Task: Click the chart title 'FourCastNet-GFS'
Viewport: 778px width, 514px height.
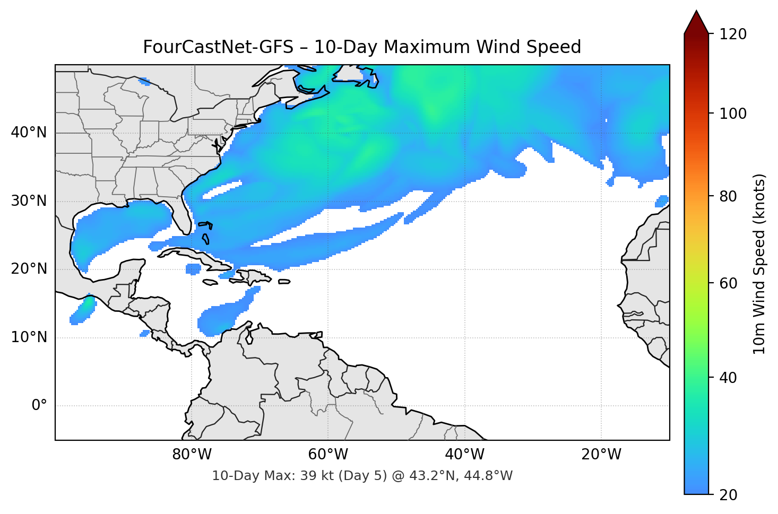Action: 218,47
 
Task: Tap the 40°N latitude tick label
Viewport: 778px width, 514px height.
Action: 29,133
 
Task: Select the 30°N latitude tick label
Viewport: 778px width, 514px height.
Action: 29,201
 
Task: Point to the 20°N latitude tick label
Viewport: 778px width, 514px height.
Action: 29,269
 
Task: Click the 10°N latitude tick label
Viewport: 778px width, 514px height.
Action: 29,337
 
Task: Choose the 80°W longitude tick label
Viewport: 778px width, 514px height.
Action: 192,455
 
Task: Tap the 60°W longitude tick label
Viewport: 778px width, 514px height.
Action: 329,455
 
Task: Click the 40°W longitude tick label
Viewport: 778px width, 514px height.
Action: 465,455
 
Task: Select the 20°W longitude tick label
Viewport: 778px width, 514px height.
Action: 601,455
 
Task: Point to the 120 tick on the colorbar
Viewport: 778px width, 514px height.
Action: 733,34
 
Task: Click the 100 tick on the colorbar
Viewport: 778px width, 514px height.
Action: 733,114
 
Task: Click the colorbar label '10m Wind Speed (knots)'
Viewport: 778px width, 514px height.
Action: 759,264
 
